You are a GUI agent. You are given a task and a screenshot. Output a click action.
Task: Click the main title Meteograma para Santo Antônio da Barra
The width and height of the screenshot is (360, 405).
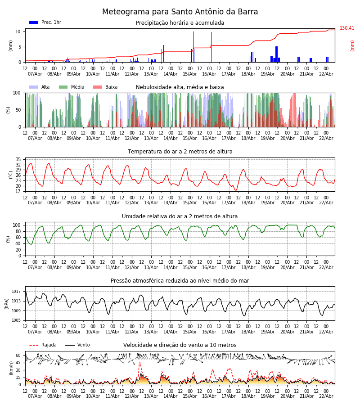180,12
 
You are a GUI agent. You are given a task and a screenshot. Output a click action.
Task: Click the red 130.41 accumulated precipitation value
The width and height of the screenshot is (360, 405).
347,28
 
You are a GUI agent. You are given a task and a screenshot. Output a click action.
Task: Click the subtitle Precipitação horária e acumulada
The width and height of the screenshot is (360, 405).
180,23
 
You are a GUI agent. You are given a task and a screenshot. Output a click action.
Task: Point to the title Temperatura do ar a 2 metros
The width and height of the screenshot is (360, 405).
180,152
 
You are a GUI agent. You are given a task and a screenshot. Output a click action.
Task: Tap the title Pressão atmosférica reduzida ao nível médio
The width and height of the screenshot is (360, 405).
180,281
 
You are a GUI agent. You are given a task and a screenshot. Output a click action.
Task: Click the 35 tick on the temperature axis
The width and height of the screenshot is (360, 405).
18,160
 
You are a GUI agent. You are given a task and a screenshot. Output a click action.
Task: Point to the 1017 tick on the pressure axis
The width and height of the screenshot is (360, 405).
17,292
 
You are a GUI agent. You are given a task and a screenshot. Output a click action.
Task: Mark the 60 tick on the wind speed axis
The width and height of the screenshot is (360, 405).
18,355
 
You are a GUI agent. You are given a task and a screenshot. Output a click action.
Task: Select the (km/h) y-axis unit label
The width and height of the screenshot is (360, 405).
11,368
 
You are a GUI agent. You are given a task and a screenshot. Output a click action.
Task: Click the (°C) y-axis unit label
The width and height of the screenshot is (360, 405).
11,175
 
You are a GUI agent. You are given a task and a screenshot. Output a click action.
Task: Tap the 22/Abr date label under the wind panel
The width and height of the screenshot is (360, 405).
326,396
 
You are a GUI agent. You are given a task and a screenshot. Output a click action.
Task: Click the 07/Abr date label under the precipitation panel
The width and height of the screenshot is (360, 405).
35,74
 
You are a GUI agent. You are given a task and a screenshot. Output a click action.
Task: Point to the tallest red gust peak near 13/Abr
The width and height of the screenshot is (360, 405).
139,363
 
